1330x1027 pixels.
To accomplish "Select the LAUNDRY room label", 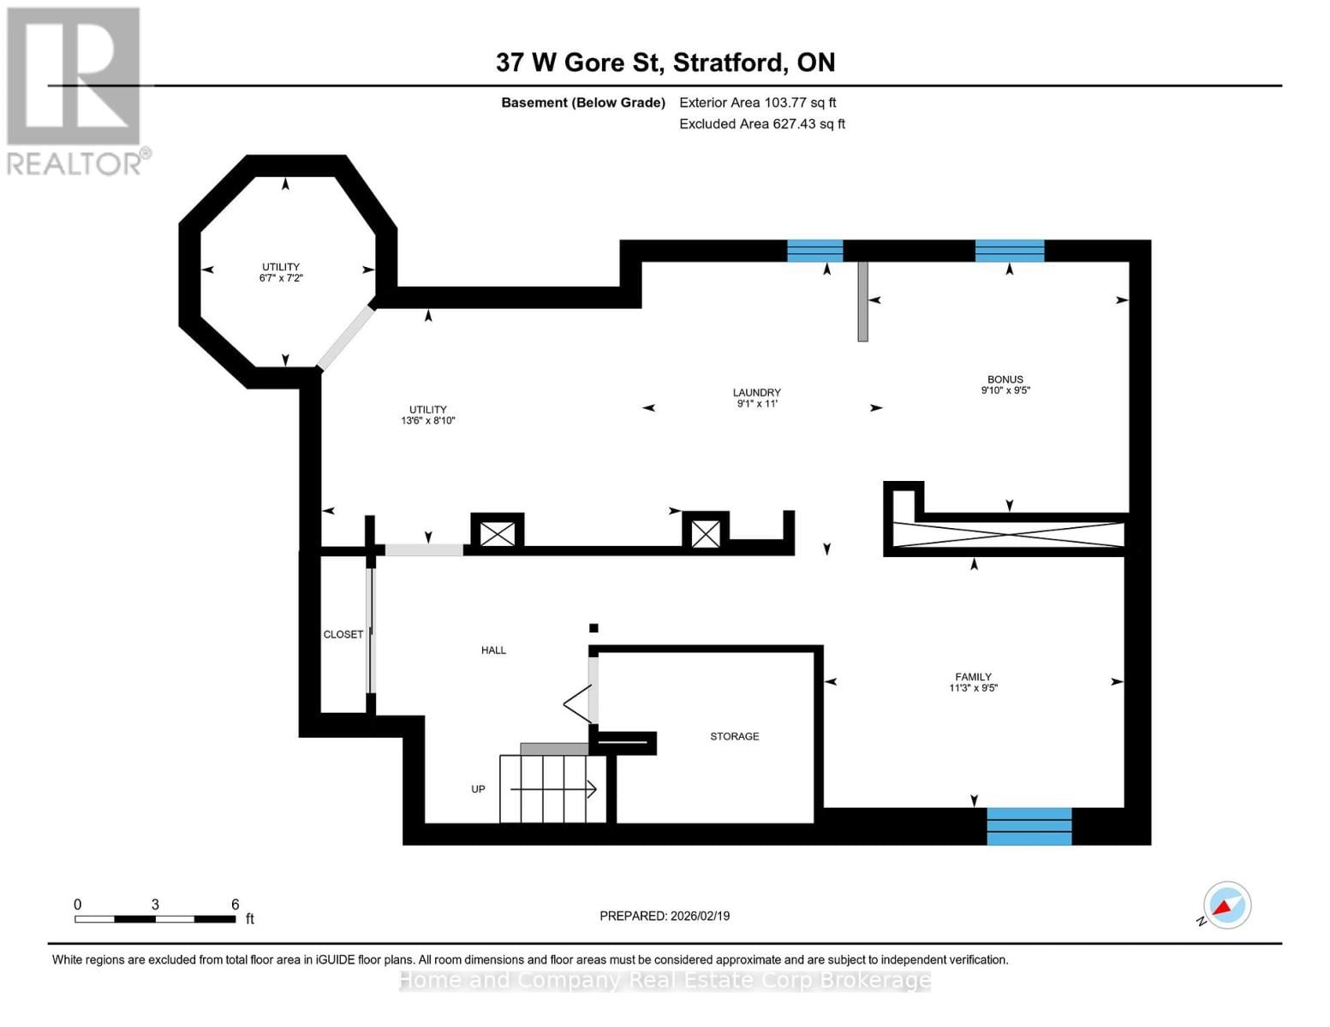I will click(756, 393).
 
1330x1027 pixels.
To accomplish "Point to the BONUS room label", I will click(1005, 379).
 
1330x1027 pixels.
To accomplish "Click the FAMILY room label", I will click(973, 677).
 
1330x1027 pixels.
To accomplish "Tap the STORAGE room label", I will click(734, 736).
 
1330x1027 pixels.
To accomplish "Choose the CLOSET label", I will click(343, 634).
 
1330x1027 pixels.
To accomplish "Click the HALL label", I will click(493, 650).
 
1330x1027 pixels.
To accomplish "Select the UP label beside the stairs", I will click(478, 789).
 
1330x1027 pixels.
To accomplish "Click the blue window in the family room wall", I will click(1029, 826).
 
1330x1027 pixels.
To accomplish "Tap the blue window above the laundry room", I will click(814, 251).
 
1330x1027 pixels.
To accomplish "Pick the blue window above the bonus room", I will click(1009, 251).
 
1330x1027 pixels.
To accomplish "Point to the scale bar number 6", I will click(235, 905).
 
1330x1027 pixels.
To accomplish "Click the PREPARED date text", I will click(665, 916).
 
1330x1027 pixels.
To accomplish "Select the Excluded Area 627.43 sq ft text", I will click(761, 124).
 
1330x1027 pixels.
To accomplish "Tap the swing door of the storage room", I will click(579, 703).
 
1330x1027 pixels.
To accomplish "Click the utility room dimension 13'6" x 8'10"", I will click(427, 421).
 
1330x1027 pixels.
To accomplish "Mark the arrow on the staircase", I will click(588, 789).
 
